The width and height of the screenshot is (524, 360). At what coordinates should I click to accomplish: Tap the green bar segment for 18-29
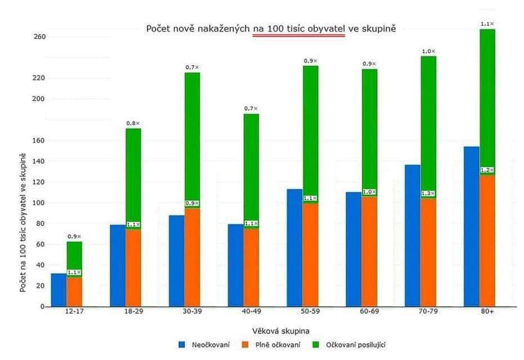133,174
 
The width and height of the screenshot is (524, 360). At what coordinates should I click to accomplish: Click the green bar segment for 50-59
310,129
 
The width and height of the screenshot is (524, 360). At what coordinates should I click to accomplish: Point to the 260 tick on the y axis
39,37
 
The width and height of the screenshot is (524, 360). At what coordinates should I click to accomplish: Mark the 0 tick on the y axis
42,307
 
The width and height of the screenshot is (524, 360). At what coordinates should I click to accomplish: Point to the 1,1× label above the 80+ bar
487,24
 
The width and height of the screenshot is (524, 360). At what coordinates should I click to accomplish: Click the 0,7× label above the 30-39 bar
192,67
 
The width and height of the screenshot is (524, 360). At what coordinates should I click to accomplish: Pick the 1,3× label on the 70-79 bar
428,193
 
